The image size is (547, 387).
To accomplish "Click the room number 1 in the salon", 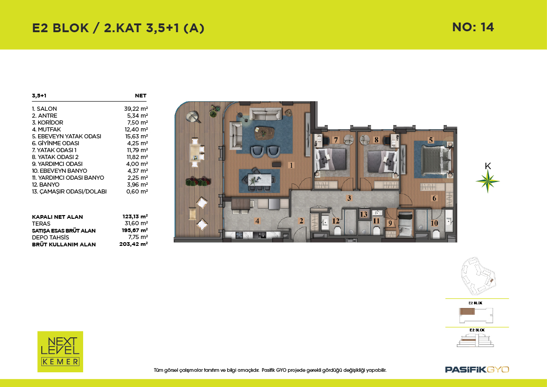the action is click(x=291, y=165).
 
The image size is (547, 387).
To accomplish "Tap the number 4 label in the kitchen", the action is click(x=257, y=221).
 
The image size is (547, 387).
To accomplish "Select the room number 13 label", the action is click(x=364, y=214).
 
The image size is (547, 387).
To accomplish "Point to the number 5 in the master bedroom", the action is click(x=431, y=140).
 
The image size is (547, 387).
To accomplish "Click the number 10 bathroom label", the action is click(x=434, y=223).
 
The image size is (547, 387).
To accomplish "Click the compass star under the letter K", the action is click(x=488, y=181).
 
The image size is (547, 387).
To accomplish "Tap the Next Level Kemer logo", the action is click(x=60, y=352).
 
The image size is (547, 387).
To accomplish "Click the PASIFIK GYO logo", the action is click(x=477, y=370).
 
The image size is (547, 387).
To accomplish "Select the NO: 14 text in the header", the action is click(x=473, y=27).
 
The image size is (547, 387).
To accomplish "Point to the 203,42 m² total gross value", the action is click(x=133, y=244).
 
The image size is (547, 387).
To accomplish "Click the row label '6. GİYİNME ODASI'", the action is click(x=56, y=143).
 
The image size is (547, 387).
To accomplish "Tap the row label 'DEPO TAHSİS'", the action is click(x=51, y=237).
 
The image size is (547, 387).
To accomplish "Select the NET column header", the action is click(x=141, y=96).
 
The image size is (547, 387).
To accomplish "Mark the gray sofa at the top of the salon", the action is click(x=265, y=114).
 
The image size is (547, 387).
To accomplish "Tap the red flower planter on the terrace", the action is click(x=198, y=182).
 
